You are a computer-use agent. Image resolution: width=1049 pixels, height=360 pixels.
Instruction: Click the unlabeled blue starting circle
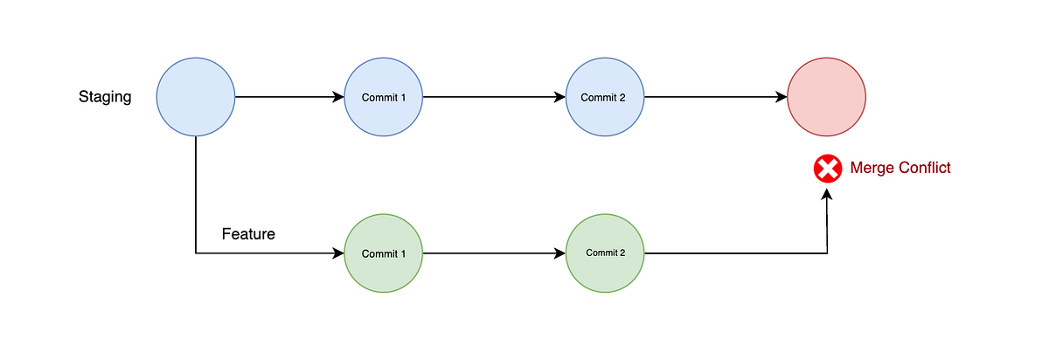pyautogui.click(x=196, y=97)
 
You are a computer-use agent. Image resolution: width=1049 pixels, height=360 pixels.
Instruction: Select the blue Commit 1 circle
pyautogui.click(x=384, y=97)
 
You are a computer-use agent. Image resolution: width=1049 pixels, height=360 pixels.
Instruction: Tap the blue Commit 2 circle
pyautogui.click(x=604, y=97)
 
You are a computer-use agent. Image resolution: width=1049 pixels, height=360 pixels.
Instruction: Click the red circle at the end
pyautogui.click(x=826, y=97)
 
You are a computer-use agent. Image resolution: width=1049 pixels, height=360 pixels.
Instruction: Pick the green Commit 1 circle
pyautogui.click(x=384, y=253)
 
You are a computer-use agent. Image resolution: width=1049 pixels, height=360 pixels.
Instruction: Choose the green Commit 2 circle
pyautogui.click(x=604, y=253)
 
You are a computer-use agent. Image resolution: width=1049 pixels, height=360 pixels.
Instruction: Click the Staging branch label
pyautogui.click(x=105, y=97)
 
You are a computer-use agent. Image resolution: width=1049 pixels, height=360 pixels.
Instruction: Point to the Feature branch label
pyautogui.click(x=248, y=234)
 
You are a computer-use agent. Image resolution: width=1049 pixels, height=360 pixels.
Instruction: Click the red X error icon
pyautogui.click(x=826, y=168)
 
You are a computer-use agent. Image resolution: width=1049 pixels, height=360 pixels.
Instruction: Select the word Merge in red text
pyautogui.click(x=872, y=168)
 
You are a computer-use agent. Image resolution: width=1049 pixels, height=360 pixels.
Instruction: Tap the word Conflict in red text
pyautogui.click(x=923, y=168)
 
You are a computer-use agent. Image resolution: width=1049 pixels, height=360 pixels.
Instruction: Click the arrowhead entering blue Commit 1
pyautogui.click(x=339, y=97)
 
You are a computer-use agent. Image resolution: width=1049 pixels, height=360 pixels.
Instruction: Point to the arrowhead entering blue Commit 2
pyautogui.click(x=559, y=97)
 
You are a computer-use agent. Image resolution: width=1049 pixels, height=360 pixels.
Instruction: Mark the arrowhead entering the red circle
pyautogui.click(x=782, y=97)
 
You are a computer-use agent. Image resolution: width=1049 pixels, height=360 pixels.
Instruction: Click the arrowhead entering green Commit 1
pyautogui.click(x=339, y=253)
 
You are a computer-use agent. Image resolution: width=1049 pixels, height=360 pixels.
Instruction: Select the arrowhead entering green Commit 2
pyautogui.click(x=559, y=253)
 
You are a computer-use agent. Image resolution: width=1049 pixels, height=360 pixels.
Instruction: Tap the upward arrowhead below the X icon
pyautogui.click(x=826, y=196)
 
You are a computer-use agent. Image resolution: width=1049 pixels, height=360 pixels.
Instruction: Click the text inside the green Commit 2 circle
pyautogui.click(x=605, y=253)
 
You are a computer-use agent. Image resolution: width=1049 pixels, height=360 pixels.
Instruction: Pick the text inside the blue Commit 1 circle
pyautogui.click(x=384, y=97)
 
